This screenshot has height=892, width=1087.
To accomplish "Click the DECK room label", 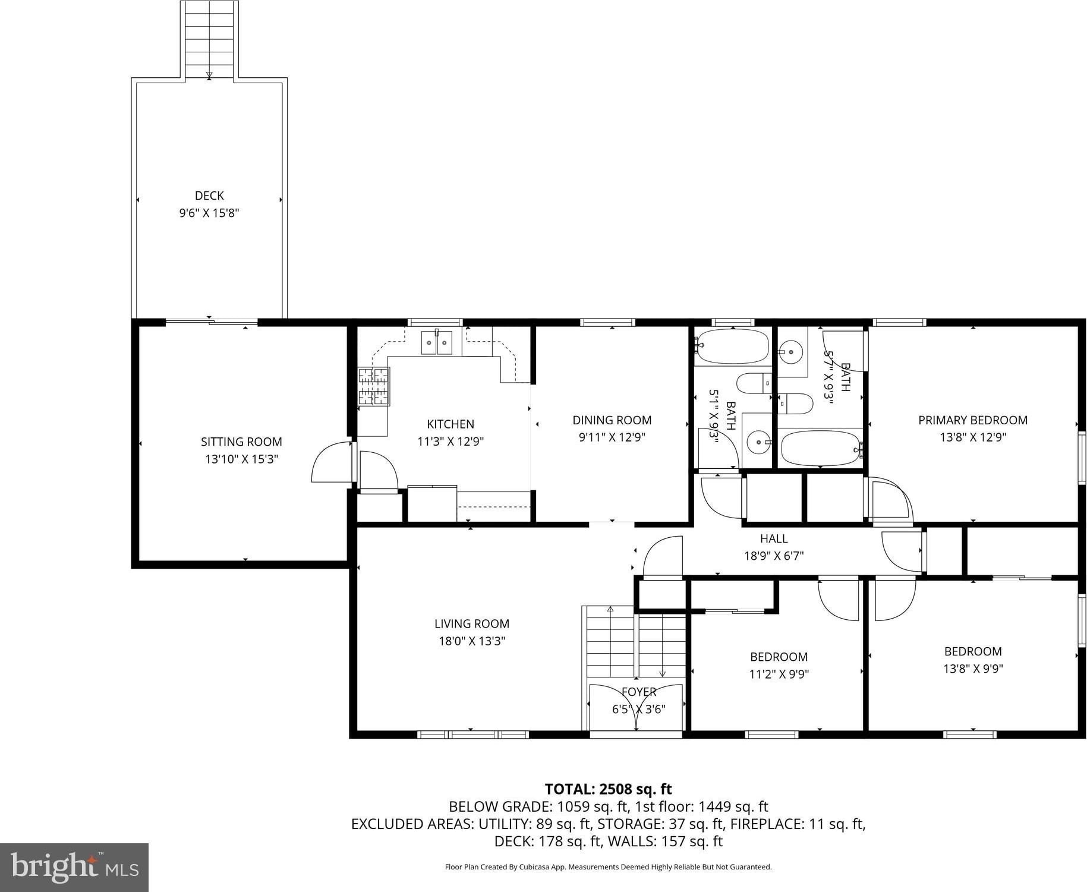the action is pos(209,196).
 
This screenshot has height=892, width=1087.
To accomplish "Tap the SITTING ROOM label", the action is pos(241,442).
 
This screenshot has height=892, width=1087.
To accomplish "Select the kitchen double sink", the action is pos(436,343).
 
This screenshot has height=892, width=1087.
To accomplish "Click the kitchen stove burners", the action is pos(373,386).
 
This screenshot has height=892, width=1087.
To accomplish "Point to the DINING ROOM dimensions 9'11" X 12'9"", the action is pos(612,437).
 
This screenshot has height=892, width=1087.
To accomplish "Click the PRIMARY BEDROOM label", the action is pos(972,420).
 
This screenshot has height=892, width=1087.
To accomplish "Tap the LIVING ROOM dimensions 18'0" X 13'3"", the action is pos(471,641).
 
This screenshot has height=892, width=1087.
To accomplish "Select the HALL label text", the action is pos(774,538).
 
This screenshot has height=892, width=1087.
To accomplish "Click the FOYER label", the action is pos(639,692).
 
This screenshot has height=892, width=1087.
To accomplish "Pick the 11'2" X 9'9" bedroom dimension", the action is pos(779,674).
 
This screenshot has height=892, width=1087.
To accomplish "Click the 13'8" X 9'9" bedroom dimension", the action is pos(973,669).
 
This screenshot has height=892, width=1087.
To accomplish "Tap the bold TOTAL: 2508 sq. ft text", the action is pos(608,789).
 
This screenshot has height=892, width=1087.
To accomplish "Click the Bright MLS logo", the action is pos(74,868).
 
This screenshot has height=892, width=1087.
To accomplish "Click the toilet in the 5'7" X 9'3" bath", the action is pos(795,404).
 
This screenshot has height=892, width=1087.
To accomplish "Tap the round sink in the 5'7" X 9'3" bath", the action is pos(791,352).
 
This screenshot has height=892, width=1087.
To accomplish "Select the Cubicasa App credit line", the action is pos(608,867).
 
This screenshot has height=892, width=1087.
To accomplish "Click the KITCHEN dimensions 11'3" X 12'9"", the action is pos(450,442).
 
